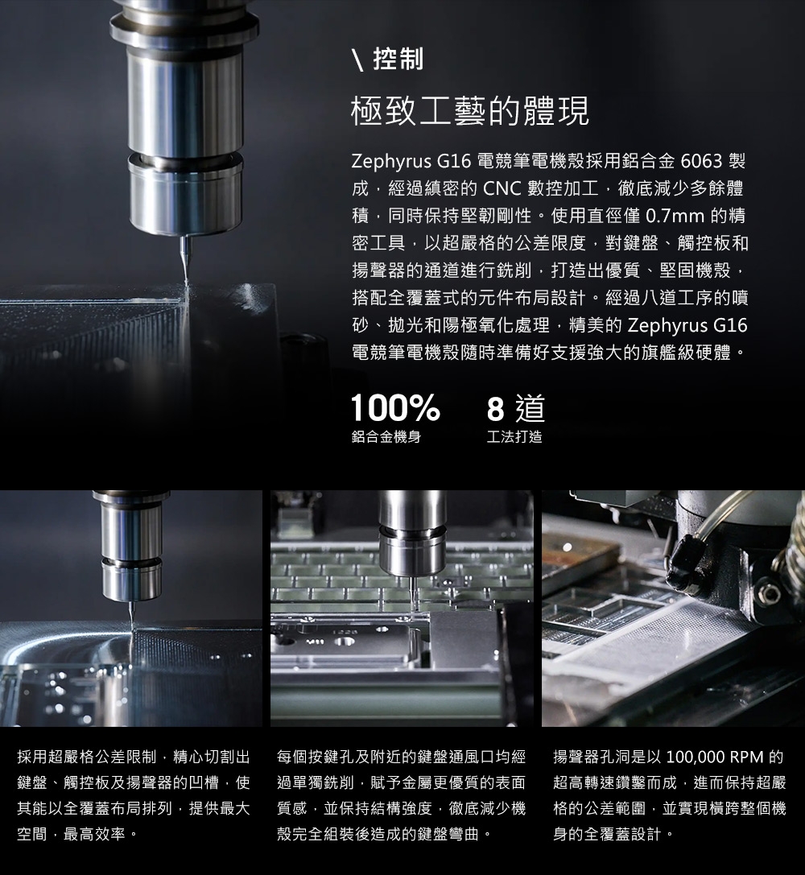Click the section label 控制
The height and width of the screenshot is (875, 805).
click(398, 59)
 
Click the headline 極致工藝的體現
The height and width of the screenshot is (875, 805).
click(470, 110)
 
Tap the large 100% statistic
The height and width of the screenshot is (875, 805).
click(395, 407)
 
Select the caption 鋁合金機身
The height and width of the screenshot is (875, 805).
click(386, 437)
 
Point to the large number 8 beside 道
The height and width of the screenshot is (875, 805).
click(495, 408)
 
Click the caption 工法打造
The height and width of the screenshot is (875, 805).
click(514, 437)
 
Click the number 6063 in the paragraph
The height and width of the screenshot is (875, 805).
click(701, 161)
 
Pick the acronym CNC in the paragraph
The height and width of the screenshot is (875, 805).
click(502, 188)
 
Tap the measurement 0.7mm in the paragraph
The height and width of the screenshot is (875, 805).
click(675, 216)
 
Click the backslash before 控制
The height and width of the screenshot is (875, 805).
click(358, 60)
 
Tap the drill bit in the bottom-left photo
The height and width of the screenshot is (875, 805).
click(132, 614)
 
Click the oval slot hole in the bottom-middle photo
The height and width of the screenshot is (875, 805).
click(344, 642)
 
